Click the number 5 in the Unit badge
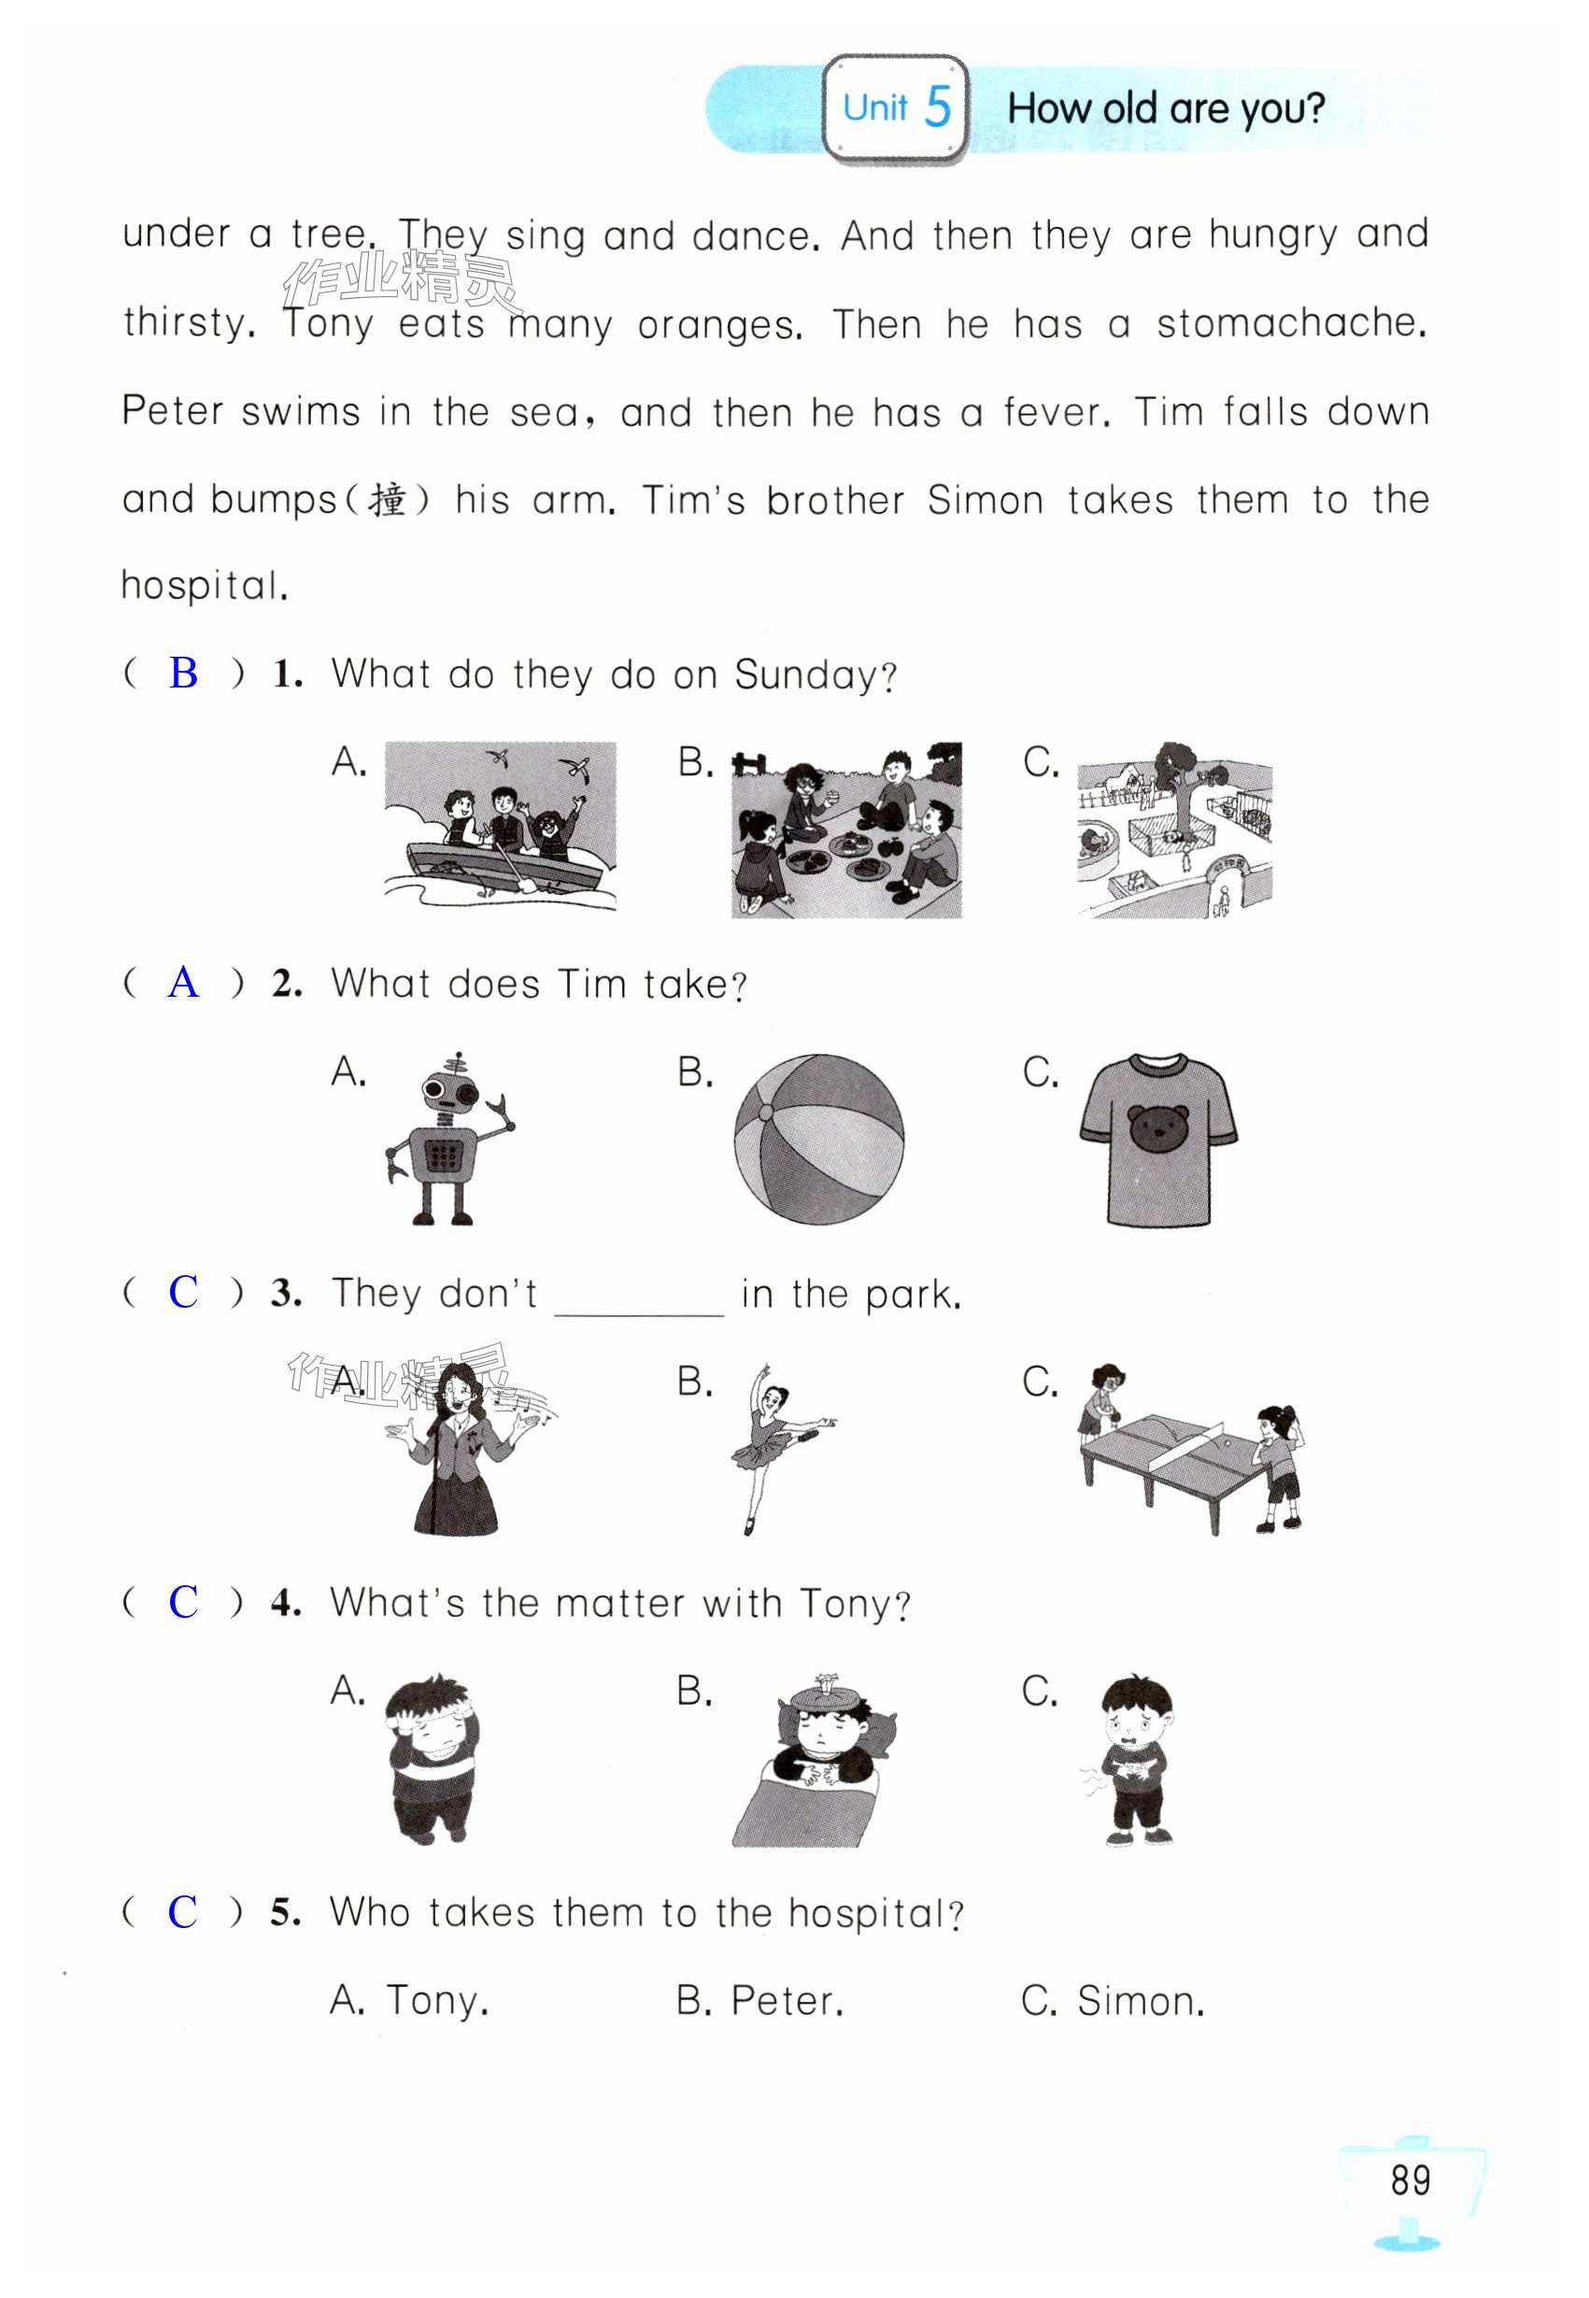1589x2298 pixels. pyautogui.click(x=937, y=106)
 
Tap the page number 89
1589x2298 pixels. pyautogui.click(x=1410, y=2179)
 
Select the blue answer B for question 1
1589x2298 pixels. pyautogui.click(x=183, y=674)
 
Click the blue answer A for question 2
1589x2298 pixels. pyautogui.click(x=183, y=983)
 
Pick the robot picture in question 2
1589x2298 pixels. pyautogui.click(x=450, y=1138)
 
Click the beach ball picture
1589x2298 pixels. pyautogui.click(x=818, y=1139)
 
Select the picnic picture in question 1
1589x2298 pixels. pyautogui.click(x=846, y=830)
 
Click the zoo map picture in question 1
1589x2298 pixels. pyautogui.click(x=1174, y=830)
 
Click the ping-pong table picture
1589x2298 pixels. pyautogui.click(x=1191, y=1448)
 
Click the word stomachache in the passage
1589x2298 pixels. pyautogui.click(x=1291, y=323)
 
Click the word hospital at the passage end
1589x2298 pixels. pyautogui.click(x=204, y=586)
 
